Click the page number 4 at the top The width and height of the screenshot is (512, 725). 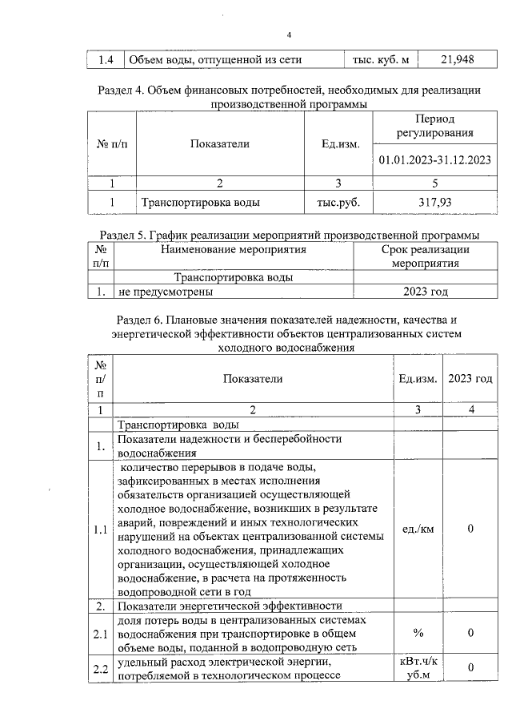click(290, 34)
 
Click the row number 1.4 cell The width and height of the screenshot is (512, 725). click(106, 58)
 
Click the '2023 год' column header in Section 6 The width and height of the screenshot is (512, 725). click(470, 379)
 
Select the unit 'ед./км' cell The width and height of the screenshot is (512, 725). click(418, 530)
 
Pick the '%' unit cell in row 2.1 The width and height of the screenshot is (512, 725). click(418, 634)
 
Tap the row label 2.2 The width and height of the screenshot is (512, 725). click(101, 667)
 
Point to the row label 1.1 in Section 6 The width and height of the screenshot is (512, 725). click(101, 530)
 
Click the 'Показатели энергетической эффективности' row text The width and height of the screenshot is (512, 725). click(230, 606)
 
